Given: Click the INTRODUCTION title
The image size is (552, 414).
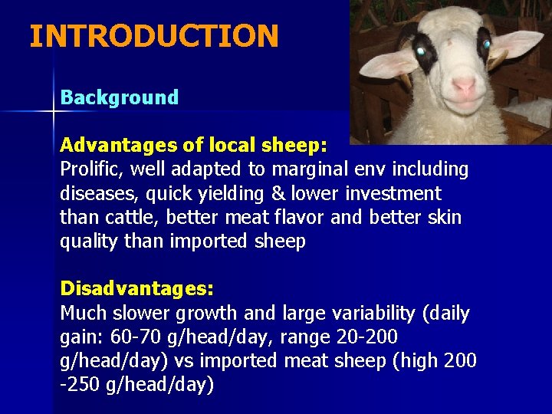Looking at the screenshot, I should click(x=153, y=36).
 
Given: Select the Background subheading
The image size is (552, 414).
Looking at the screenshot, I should click(x=119, y=97).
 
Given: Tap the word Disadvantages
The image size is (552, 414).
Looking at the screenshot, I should click(x=133, y=289).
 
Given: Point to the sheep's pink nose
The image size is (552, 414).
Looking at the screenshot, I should click(x=463, y=85).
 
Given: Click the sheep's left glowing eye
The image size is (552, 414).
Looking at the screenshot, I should click(x=420, y=50).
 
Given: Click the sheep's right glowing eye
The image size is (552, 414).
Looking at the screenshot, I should click(x=486, y=44).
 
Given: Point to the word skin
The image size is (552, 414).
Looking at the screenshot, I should click(x=445, y=218).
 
